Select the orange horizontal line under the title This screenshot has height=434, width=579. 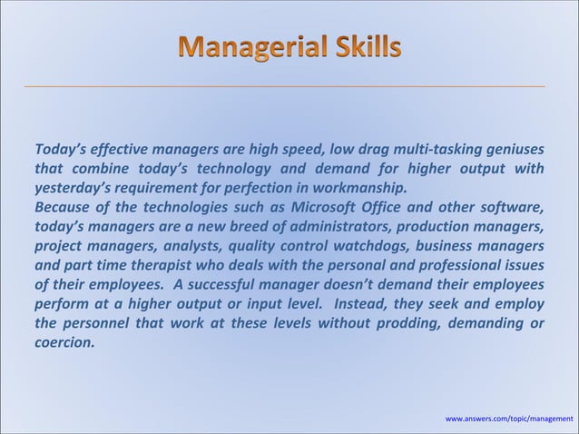point(289,84)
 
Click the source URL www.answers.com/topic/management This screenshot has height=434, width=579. point(509,419)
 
